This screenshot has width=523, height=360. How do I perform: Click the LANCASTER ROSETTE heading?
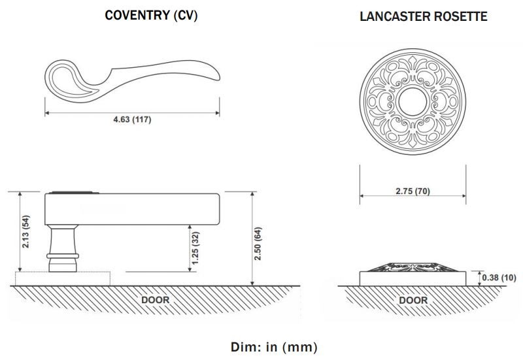pos(423,16)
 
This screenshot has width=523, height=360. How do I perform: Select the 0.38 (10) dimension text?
pos(499,277)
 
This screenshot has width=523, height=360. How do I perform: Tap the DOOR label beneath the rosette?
pos(413,300)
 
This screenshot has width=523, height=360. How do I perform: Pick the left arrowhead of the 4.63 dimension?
pos(47,113)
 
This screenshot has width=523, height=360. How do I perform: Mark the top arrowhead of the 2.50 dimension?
pos(252,194)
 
